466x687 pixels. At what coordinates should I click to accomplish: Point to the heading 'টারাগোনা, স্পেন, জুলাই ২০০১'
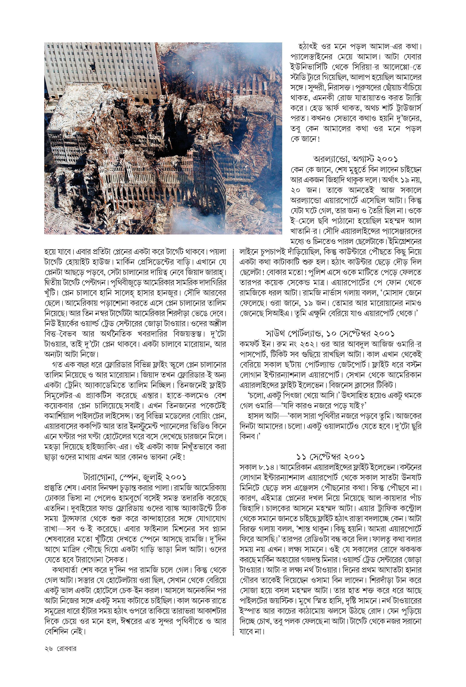click(135, 477)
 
